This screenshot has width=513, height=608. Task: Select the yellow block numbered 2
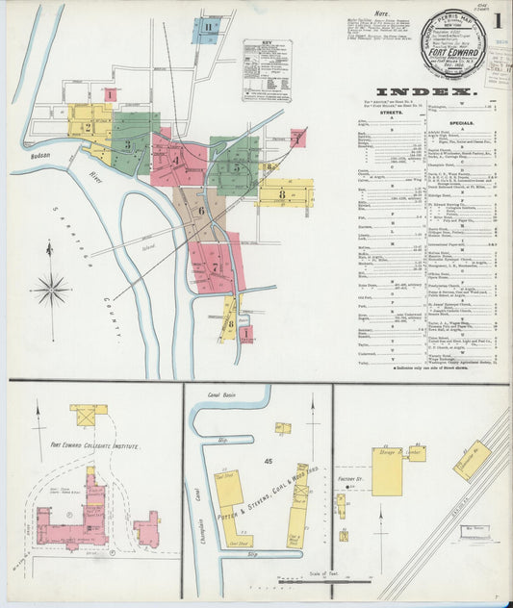point(88,126)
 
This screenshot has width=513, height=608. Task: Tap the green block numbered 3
point(129,144)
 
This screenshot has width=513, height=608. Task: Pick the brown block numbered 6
point(201,210)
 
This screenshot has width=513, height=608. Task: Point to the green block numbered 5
point(236,166)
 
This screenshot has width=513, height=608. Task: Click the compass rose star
point(51,288)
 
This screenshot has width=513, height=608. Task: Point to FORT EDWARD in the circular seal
point(452,42)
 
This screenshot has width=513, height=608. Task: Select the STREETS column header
point(391,113)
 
